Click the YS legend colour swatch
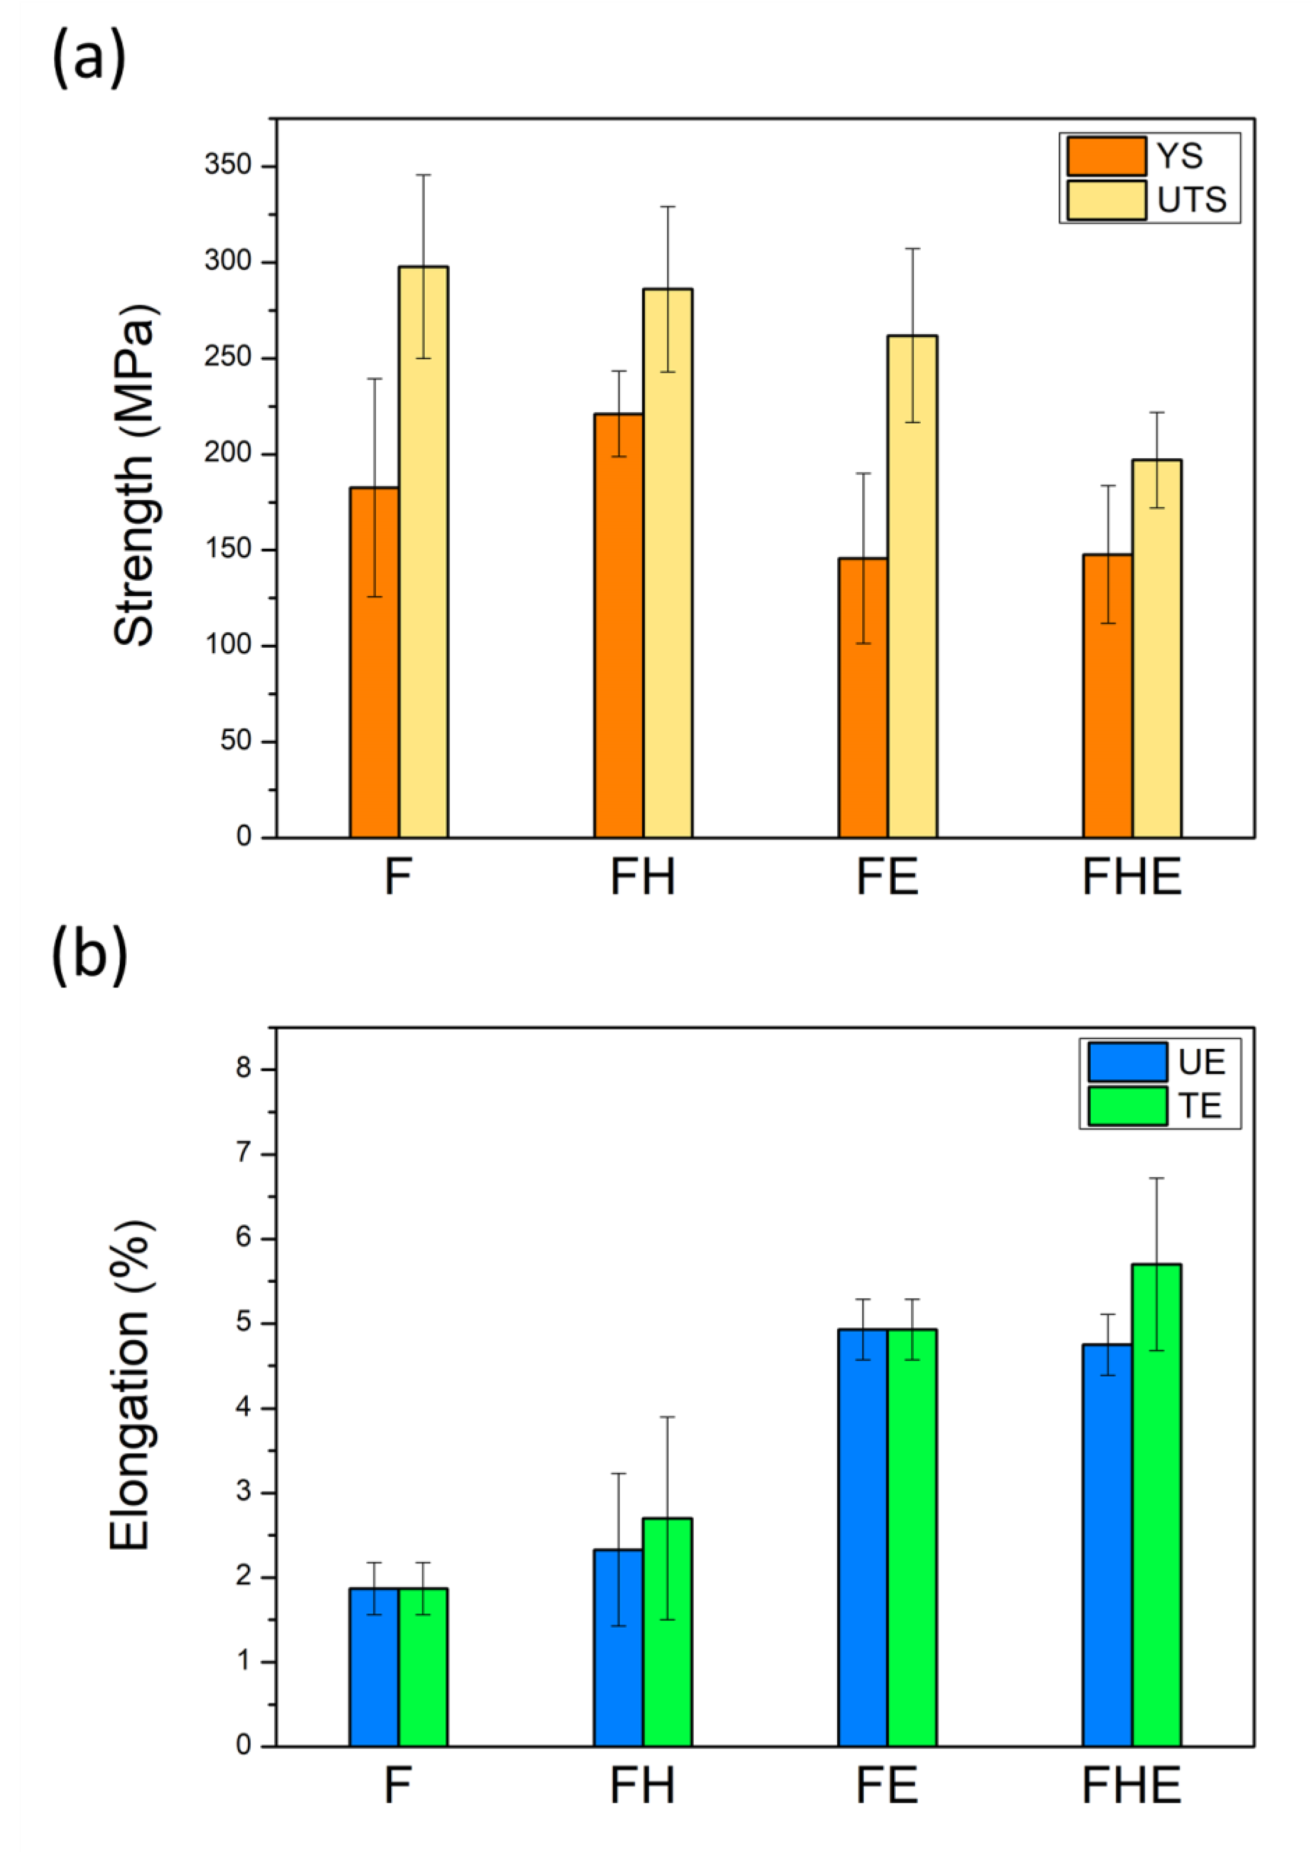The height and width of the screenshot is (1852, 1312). click(x=1106, y=156)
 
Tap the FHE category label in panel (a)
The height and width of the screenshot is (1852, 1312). click(x=1131, y=877)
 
